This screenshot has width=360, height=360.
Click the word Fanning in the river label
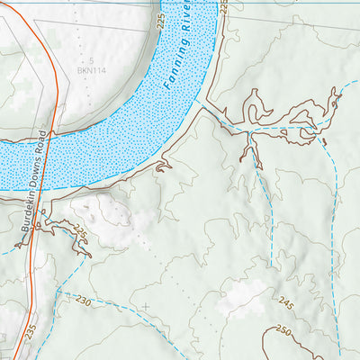pyautogui.click(x=183, y=69)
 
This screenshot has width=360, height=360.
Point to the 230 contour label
pyautogui.click(x=84, y=299)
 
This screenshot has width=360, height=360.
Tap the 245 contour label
pyautogui.click(x=286, y=301)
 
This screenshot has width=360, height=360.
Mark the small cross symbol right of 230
pyautogui.click(x=145, y=306)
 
